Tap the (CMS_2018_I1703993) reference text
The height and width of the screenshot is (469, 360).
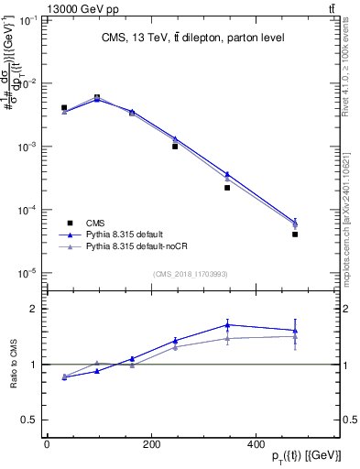point(190,273)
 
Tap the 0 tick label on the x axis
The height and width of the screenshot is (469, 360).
point(47,443)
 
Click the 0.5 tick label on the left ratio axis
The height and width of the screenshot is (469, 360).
point(27,420)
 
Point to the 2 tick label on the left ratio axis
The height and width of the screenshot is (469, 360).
point(32,309)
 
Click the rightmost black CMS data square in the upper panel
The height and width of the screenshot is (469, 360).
point(296,234)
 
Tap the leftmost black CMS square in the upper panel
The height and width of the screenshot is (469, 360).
point(64,108)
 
